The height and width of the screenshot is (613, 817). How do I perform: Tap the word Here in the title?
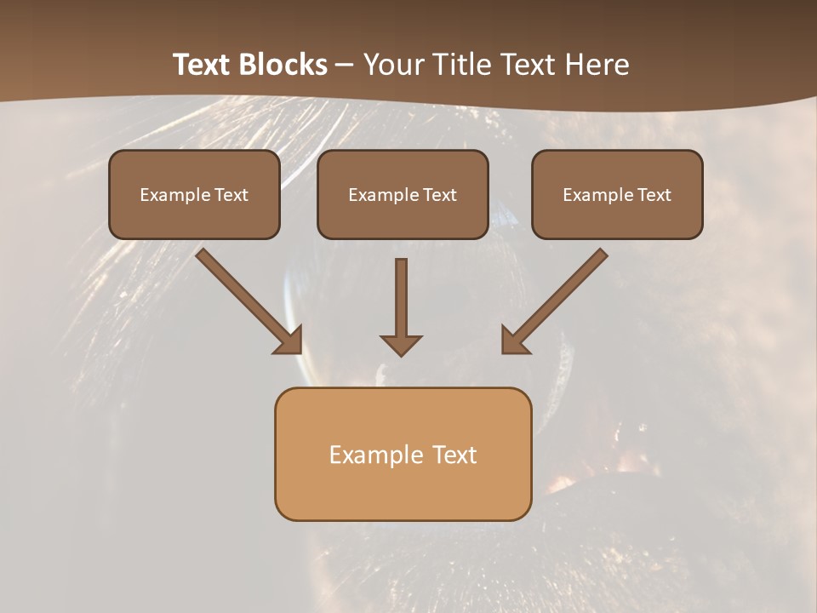point(596,65)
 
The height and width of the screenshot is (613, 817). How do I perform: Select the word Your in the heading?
point(392,65)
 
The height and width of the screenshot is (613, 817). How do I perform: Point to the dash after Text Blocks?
point(345,66)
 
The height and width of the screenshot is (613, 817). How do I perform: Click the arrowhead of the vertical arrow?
point(401,344)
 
